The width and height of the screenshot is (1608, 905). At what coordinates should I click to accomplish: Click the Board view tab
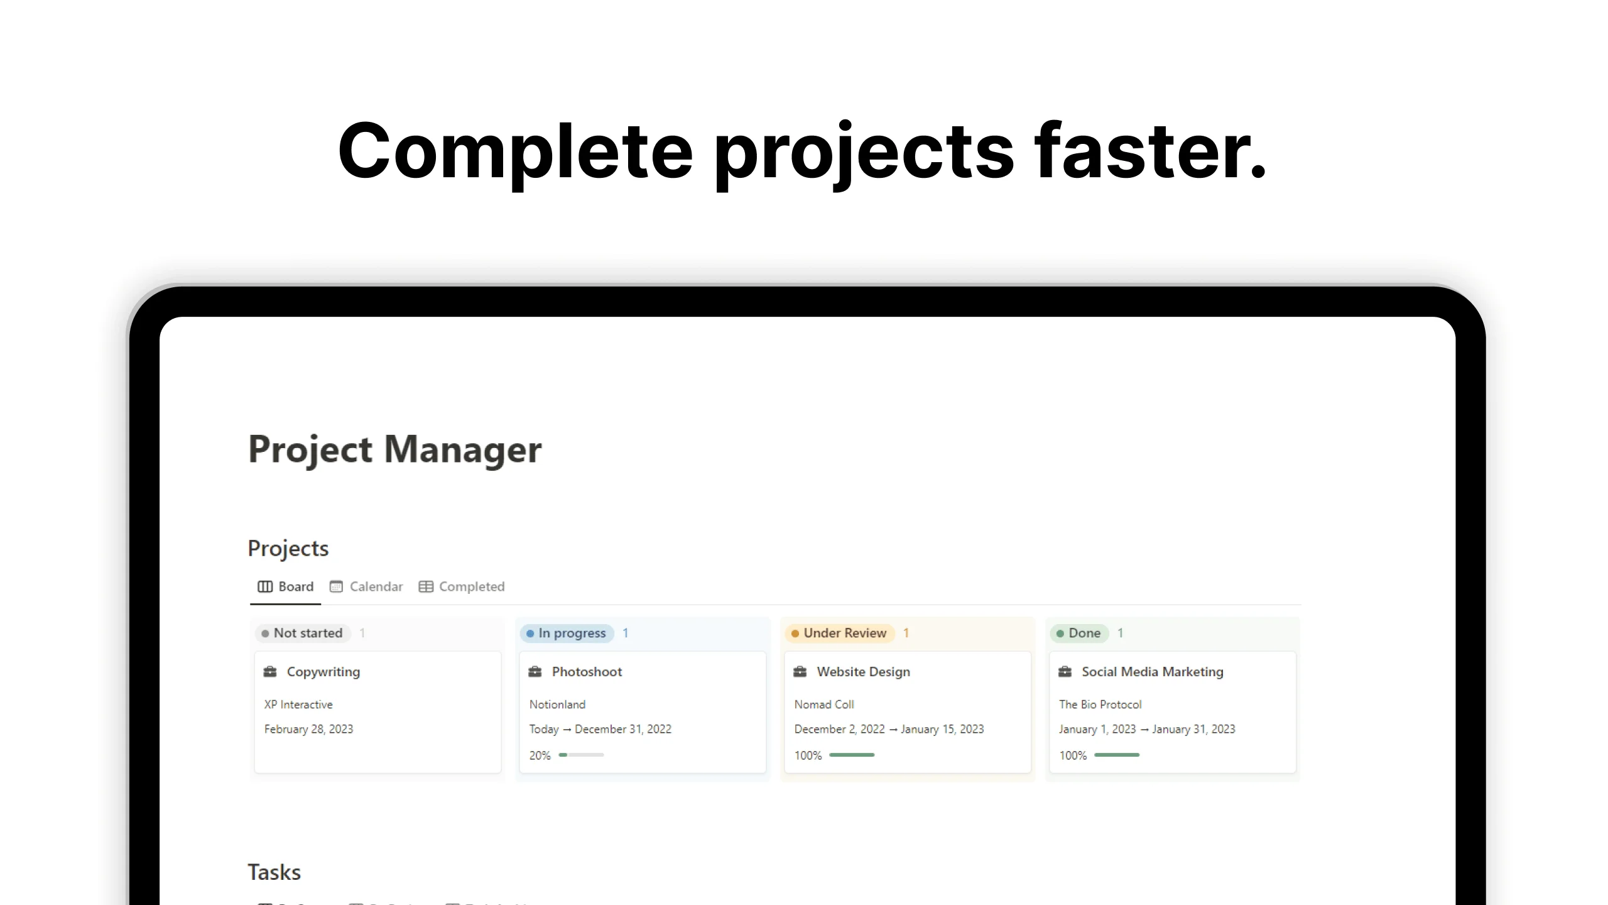(286, 586)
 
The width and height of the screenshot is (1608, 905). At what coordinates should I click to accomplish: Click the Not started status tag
(302, 633)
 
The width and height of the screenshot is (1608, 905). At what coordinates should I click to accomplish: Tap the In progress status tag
(567, 633)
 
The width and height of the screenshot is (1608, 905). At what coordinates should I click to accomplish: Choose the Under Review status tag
(839, 633)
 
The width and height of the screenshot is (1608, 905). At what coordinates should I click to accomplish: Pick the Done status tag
(1078, 633)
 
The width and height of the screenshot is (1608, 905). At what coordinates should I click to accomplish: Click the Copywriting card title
(323, 672)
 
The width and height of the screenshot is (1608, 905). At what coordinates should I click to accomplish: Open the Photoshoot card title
(587, 672)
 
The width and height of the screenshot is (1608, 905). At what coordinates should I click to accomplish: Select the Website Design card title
(863, 672)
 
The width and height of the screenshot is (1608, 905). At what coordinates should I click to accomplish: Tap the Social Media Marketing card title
(1152, 672)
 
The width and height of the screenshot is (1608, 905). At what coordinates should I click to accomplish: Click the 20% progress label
(540, 755)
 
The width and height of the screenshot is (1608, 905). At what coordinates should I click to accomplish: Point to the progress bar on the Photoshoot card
(581, 755)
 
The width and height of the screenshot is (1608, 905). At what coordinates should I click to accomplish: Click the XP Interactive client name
(298, 705)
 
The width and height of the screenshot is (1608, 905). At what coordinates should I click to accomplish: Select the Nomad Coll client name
(824, 705)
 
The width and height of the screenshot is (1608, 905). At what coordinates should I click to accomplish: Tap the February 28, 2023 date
(308, 729)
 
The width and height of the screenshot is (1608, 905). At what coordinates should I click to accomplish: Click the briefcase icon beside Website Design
(800, 672)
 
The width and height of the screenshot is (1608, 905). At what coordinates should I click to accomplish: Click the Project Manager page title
(394, 449)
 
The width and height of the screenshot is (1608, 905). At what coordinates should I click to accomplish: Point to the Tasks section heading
(274, 872)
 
